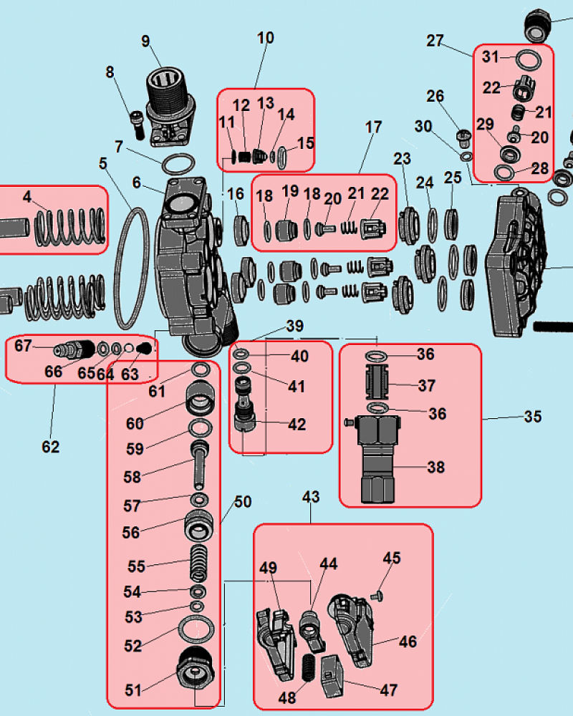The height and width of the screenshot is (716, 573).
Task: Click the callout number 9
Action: pyautogui.click(x=145, y=41)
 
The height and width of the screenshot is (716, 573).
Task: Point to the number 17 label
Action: pyautogui.click(x=373, y=128)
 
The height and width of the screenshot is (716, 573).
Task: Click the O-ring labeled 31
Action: pyautogui.click(x=527, y=58)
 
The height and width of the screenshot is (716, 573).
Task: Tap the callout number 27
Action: pyautogui.click(x=435, y=40)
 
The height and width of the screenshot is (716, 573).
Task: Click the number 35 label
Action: pyautogui.click(x=533, y=417)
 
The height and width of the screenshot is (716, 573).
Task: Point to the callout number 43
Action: pyautogui.click(x=310, y=497)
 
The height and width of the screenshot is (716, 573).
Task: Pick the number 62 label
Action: pyautogui.click(x=50, y=447)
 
